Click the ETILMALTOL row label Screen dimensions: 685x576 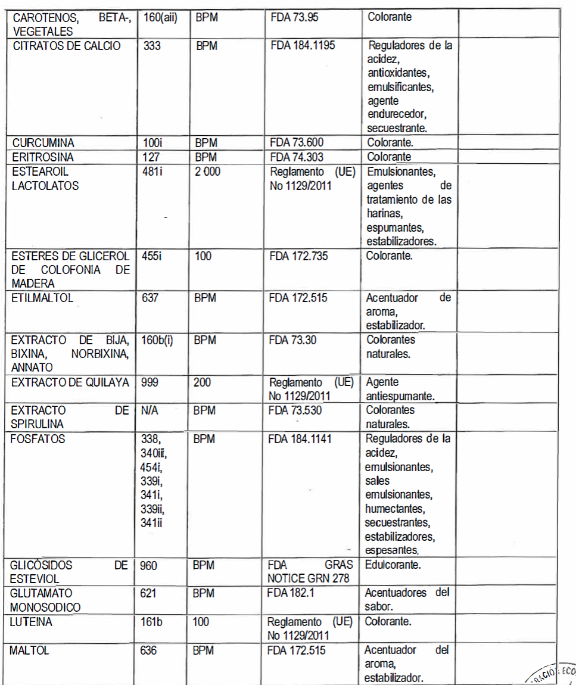[x=42, y=298]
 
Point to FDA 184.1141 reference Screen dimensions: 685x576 [x=304, y=439]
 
